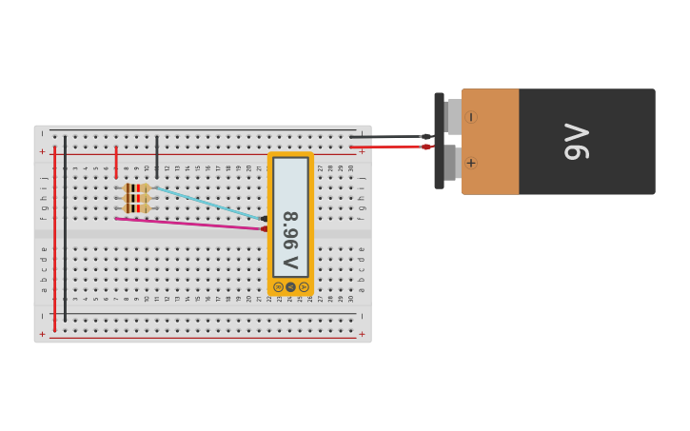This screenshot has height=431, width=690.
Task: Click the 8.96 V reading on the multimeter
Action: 290,240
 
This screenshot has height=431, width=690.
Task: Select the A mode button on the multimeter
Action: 304,286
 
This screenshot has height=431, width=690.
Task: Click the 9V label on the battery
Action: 577,141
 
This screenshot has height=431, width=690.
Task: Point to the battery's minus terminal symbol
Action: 470,117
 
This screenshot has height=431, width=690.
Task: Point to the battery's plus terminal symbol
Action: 470,163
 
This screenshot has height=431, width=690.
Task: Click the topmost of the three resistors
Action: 136,188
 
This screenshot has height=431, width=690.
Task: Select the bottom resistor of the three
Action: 136,208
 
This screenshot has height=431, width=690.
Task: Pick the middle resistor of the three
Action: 136,198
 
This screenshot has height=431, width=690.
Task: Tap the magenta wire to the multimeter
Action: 190,224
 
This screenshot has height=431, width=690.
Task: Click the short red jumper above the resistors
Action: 116,161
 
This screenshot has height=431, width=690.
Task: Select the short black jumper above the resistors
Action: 157,155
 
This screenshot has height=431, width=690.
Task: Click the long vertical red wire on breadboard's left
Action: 55,238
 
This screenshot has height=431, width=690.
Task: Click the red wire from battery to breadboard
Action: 390,147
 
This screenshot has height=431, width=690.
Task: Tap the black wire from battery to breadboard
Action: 390,137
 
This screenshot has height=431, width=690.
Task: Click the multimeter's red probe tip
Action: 264,228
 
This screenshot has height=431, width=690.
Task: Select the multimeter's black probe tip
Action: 264,219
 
